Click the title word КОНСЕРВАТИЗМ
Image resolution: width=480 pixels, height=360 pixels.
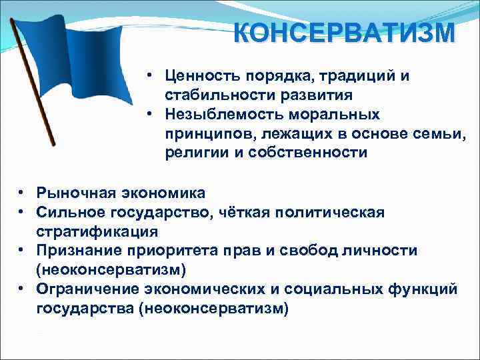(x=345, y=32)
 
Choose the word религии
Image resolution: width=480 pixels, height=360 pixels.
(x=194, y=153)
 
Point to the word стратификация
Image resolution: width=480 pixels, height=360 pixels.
(x=97, y=231)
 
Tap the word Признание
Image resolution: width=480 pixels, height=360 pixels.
(x=79, y=251)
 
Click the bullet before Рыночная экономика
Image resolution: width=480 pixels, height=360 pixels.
(x=22, y=193)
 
